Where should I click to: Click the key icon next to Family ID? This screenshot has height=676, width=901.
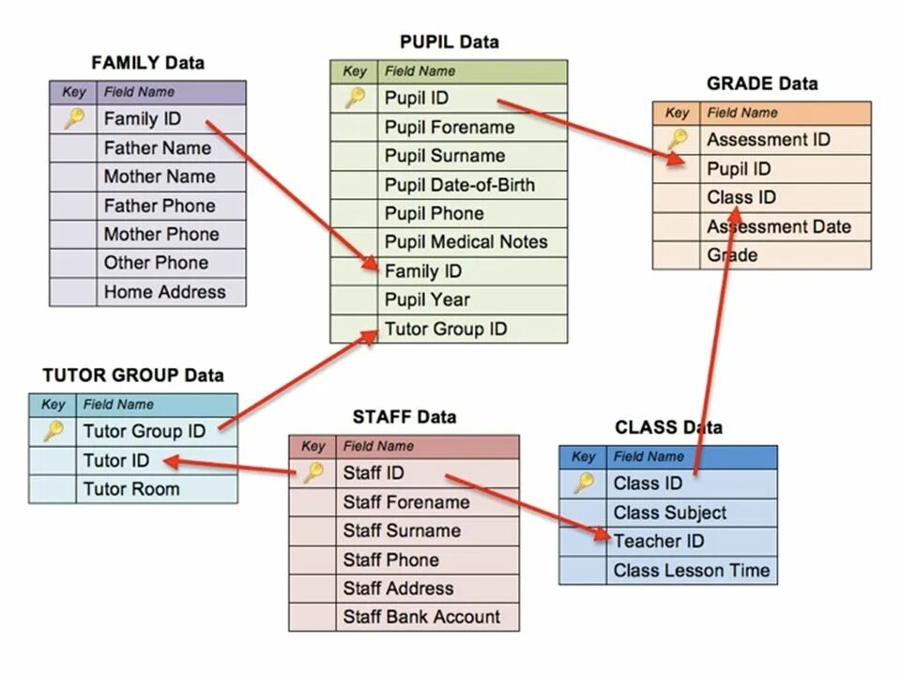[74, 118]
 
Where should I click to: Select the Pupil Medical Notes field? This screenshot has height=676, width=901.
[466, 242]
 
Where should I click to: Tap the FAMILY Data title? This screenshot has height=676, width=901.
[147, 63]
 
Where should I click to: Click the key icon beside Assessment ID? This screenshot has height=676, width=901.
[677, 140]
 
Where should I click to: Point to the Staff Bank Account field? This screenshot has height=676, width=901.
[421, 617]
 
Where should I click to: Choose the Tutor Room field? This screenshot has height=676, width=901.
[130, 489]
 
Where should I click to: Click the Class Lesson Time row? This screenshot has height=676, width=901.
[691, 570]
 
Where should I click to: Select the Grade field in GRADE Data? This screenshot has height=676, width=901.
[732, 254]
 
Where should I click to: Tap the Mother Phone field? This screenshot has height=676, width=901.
[160, 235]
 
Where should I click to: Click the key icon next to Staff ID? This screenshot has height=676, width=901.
[313, 473]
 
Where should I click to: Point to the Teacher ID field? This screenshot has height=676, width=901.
[659, 542]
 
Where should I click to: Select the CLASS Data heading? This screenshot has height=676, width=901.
[668, 427]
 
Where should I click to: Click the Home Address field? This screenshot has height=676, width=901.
[164, 292]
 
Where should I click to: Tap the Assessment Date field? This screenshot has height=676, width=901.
[778, 226]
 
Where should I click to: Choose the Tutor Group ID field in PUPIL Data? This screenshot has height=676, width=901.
[445, 329]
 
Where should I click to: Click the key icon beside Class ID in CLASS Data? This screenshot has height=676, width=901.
[584, 484]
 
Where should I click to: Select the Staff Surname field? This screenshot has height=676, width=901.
[402, 530]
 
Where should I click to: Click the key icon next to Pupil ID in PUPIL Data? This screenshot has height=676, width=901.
[354, 98]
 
